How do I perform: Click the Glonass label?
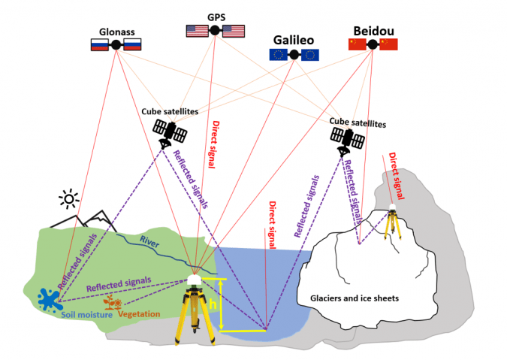coord(116,32)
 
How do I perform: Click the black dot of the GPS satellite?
coord(215,31)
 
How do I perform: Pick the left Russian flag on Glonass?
coord(98,45)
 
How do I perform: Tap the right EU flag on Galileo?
coord(309,54)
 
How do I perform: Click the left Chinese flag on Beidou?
coord(357,44)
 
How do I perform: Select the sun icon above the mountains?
coord(70,198)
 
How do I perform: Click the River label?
coord(150,241)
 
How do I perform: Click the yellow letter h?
coord(213,306)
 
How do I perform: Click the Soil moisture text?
coord(88,314)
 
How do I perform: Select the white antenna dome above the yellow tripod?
coord(195,280)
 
